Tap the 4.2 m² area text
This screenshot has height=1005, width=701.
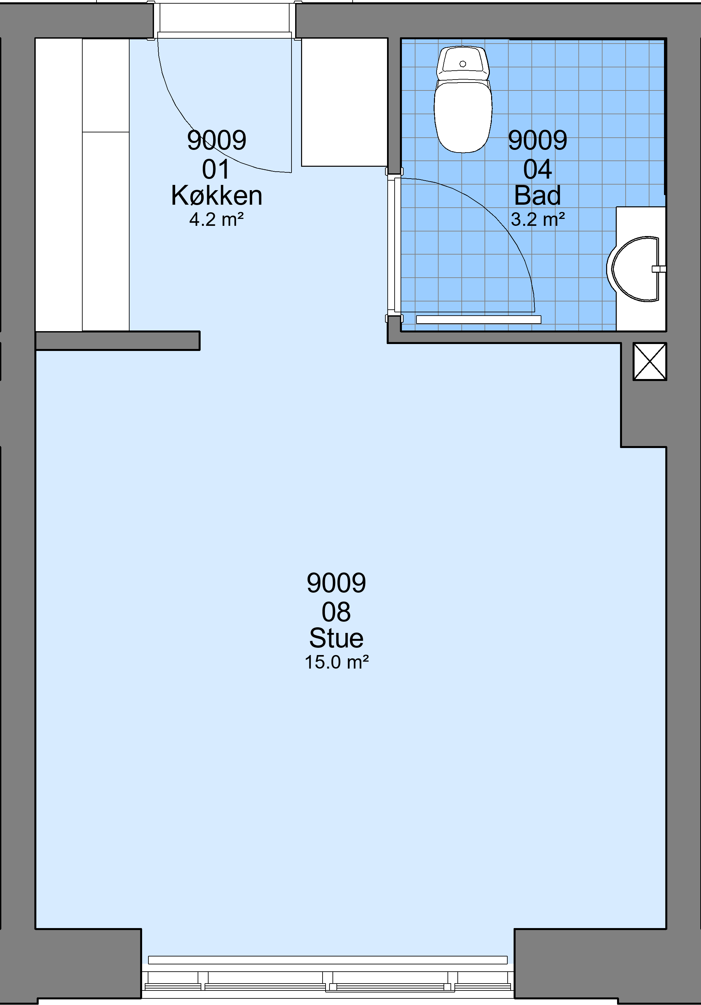click(x=216, y=219)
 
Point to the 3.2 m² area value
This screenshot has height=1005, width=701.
click(x=538, y=219)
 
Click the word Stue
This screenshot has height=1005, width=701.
click(x=336, y=638)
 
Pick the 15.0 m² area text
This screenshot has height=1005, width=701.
click(x=336, y=662)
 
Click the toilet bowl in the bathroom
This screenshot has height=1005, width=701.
click(x=463, y=116)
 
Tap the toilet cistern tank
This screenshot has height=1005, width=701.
click(x=463, y=63)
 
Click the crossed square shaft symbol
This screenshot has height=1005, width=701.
click(x=650, y=362)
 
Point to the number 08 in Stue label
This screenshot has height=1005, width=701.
click(x=336, y=611)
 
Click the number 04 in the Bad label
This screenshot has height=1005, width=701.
click(x=538, y=169)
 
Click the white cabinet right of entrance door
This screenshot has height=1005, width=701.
click(x=344, y=102)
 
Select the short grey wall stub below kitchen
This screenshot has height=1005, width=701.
click(x=117, y=340)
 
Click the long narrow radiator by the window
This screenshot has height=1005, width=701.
click(x=328, y=960)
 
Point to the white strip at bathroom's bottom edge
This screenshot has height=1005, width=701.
click(x=479, y=320)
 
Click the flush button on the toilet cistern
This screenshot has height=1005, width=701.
click(x=463, y=64)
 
